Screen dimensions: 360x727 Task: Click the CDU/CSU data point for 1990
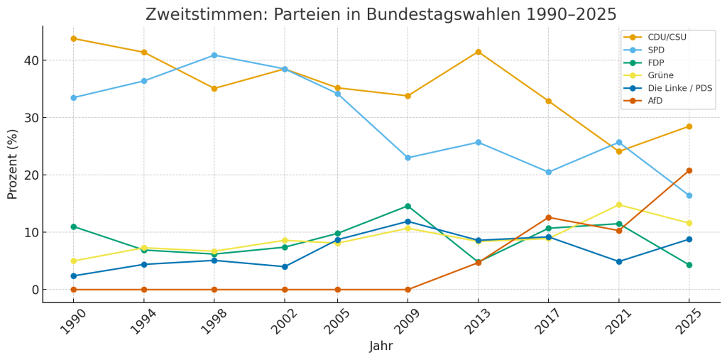pyautogui.click(x=73, y=38)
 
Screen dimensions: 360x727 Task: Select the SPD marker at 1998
pyautogui.click(x=214, y=55)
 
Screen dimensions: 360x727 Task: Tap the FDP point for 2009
pyautogui.click(x=408, y=207)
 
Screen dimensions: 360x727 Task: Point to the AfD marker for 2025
pyautogui.click(x=689, y=170)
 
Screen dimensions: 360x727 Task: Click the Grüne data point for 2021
pyautogui.click(x=618, y=205)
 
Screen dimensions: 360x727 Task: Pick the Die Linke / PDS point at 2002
pyautogui.click(x=285, y=267)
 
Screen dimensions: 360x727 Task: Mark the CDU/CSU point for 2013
pyautogui.click(x=478, y=52)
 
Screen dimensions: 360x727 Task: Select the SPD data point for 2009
pyautogui.click(x=408, y=158)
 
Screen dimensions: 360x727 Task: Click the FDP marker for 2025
pyautogui.click(x=689, y=265)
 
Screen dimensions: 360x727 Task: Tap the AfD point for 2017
pyautogui.click(x=548, y=217)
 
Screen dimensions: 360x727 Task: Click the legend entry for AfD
pyautogui.click(x=655, y=101)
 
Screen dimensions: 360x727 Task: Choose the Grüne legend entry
pyautogui.click(x=660, y=75)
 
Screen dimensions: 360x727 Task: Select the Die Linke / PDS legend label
pyautogui.click(x=679, y=88)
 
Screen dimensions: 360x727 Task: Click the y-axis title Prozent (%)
pyautogui.click(x=12, y=164)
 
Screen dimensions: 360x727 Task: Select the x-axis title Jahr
pyautogui.click(x=381, y=347)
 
